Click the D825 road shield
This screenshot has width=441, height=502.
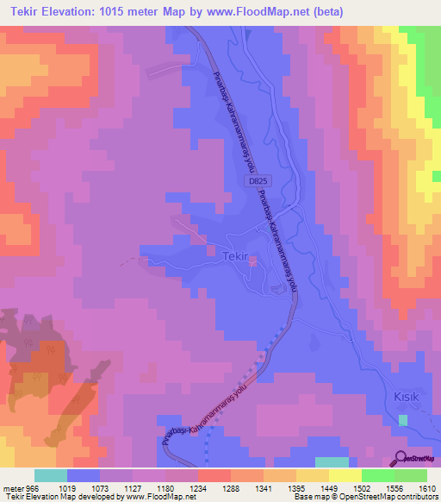click(257, 182)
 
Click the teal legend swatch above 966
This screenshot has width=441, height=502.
click(51, 475)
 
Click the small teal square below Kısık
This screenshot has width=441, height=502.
click(403, 419)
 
